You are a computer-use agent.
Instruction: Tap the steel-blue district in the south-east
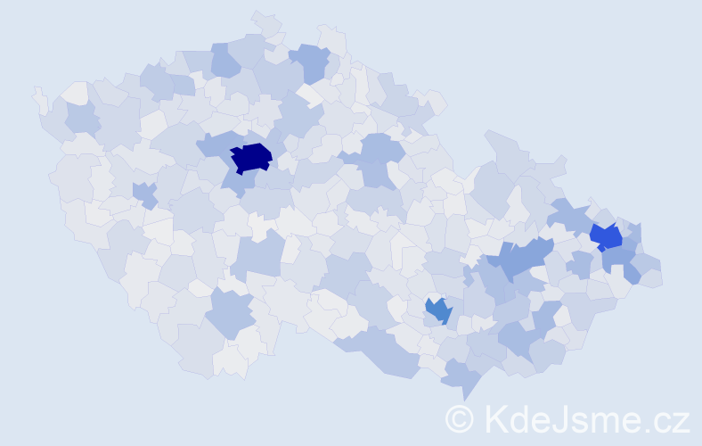pyautogui.click(x=438, y=310)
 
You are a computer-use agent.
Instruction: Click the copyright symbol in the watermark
pyautogui.click(x=460, y=418)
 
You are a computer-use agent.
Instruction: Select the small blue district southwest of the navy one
pyautogui.click(x=143, y=193)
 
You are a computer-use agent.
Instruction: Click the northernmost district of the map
pyautogui.click(x=265, y=21)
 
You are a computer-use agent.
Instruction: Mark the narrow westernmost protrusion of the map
pyautogui.click(x=39, y=98)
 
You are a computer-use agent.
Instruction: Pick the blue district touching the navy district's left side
pyautogui.click(x=214, y=144)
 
